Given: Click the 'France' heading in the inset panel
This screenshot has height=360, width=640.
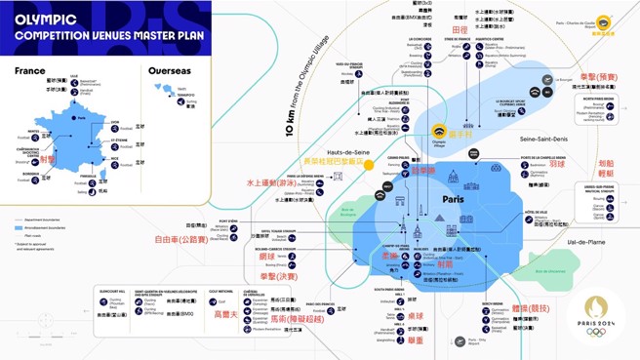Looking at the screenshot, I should tap(30, 70).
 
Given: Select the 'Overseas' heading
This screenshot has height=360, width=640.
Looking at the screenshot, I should tap(170, 70).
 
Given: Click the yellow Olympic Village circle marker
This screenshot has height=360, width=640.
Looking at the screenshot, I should tap(439, 133).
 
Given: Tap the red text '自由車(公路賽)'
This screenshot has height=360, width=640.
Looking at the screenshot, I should tap(181, 239).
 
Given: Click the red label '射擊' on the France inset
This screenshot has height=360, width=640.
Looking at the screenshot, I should tap(48, 159).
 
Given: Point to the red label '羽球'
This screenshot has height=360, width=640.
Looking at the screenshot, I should tap(557, 165).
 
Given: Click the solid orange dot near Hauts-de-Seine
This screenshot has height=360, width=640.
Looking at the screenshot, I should tap(369, 165).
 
